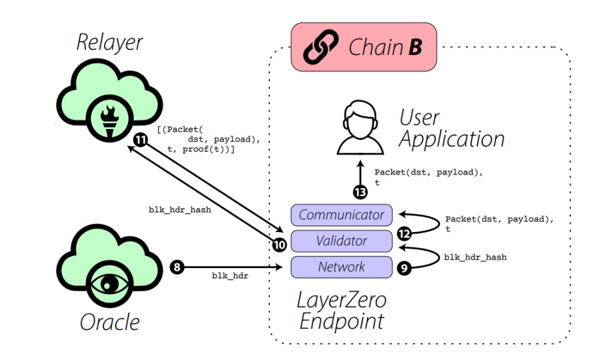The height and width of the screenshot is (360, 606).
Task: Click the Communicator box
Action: tap(341, 215)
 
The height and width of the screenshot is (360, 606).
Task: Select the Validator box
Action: tap(341, 241)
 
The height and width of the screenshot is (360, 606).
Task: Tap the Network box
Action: tap(341, 267)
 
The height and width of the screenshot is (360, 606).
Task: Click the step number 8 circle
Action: tap(178, 267)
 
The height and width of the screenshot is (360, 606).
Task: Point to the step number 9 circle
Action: tap(403, 268)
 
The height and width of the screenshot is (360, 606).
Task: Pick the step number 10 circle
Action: tap(279, 244)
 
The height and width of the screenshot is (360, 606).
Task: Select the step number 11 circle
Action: tap(140, 139)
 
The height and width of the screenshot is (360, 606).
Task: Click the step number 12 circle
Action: tap(403, 234)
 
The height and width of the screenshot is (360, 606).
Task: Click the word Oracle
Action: tap(109, 322)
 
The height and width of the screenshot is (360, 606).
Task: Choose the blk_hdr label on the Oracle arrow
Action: tap(230, 276)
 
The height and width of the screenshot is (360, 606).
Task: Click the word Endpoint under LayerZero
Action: tap(342, 320)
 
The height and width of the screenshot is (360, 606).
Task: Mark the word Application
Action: tap(452, 139)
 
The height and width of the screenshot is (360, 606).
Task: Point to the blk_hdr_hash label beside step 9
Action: tap(475, 257)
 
